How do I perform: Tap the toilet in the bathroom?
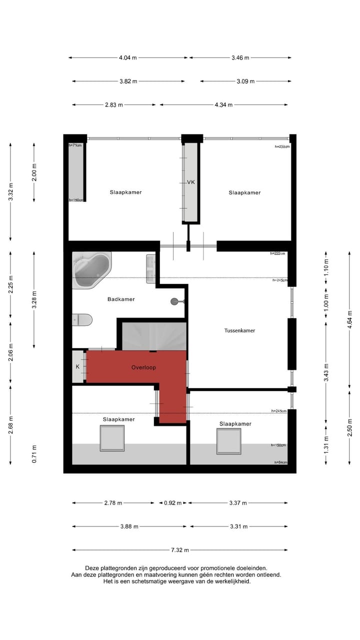(82, 319)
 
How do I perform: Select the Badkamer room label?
(121, 299)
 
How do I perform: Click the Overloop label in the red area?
(143, 367)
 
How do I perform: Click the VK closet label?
(190, 182)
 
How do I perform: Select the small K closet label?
(77, 367)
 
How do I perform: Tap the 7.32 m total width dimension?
(180, 550)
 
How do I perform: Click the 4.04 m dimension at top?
(128, 58)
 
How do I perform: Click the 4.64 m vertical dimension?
(349, 317)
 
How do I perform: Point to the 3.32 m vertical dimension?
(10, 192)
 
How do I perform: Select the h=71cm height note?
(75, 145)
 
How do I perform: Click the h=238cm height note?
(282, 146)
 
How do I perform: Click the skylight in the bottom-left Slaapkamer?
(112, 438)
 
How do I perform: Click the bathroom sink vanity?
(150, 268)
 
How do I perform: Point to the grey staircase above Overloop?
(154, 336)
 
